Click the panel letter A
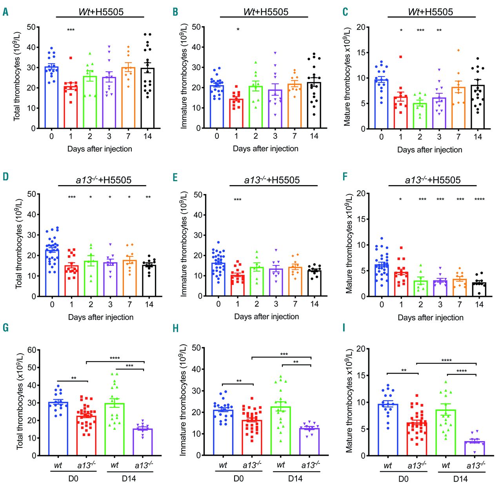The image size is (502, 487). pyautogui.click(x=5, y=12)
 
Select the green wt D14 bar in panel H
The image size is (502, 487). pyautogui.click(x=281, y=431)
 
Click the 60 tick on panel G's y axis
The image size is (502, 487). pyautogui.click(x=32, y=350)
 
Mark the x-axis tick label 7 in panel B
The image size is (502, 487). pyautogui.click(x=295, y=136)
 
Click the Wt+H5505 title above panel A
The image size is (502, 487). pyautogui.click(x=101, y=12)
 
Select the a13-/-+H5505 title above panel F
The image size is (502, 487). pyautogui.click(x=433, y=180)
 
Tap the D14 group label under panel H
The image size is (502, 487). pyautogui.click(x=295, y=478)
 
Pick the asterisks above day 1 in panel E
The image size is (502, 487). pyautogui.click(x=238, y=200)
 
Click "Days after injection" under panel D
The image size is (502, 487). pyautogui.click(x=101, y=317)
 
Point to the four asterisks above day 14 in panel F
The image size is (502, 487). pyautogui.click(x=479, y=199)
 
